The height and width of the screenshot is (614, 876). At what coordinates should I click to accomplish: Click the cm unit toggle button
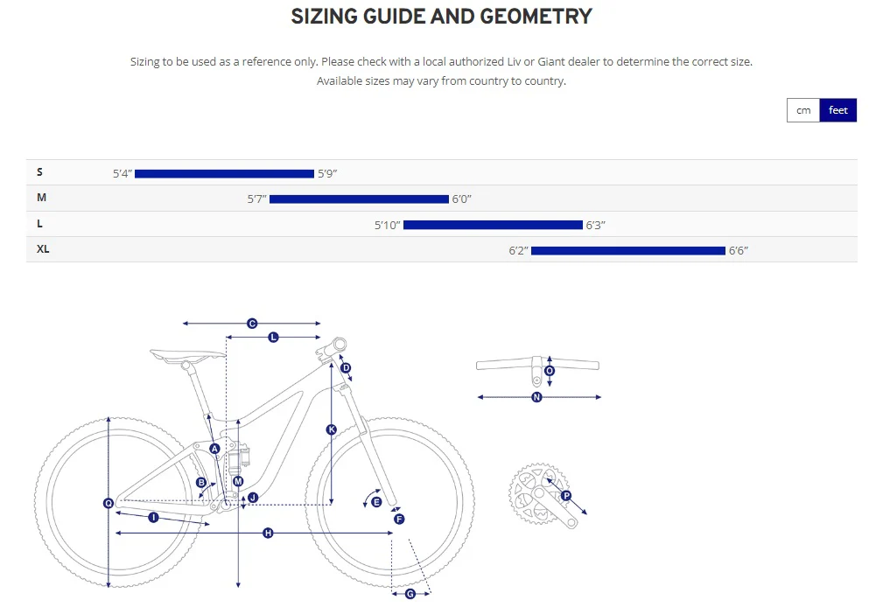click(803, 110)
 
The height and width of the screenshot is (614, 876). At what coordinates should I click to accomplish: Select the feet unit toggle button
click(838, 110)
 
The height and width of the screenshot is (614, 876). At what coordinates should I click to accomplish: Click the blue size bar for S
click(224, 174)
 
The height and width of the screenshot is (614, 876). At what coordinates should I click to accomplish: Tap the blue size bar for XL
click(628, 251)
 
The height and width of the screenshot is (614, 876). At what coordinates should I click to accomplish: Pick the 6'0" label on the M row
click(462, 199)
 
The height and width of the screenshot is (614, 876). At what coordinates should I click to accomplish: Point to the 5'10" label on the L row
click(387, 226)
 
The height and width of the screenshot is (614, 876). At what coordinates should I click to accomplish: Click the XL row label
click(43, 249)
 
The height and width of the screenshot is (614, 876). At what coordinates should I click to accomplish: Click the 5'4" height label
click(122, 174)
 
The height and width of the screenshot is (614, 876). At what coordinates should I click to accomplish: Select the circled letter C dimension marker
click(252, 324)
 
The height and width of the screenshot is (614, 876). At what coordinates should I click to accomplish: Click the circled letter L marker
click(273, 337)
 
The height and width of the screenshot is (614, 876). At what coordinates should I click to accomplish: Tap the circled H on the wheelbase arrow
click(269, 533)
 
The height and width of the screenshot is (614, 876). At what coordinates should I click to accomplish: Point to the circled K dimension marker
click(331, 429)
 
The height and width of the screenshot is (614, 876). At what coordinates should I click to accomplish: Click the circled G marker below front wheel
click(410, 594)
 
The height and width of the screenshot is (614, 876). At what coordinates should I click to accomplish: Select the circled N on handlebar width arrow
click(537, 397)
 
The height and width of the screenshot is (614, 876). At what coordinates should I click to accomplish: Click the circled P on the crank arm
click(566, 496)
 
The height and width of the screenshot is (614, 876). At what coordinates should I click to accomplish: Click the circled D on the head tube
click(346, 368)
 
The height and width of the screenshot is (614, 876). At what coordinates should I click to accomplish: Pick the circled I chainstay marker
click(153, 518)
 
